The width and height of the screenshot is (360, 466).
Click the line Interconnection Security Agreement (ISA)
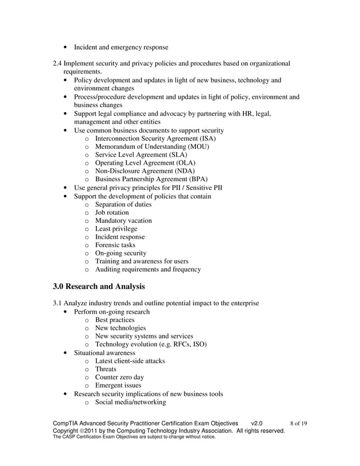(x=155, y=138)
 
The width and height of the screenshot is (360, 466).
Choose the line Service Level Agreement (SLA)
(x=141, y=155)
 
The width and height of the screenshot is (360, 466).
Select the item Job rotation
(x=112, y=213)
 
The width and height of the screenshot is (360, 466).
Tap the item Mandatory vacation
(x=123, y=221)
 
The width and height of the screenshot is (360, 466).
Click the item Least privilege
(x=116, y=229)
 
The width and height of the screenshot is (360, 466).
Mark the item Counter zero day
(x=119, y=377)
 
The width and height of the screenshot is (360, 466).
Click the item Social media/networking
(x=130, y=402)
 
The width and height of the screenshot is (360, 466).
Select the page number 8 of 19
(x=298, y=423)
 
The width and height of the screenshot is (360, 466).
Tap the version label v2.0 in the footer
(x=257, y=423)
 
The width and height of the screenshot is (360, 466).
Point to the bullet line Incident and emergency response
(x=121, y=47)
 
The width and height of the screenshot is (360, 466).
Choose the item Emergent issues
(x=118, y=385)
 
